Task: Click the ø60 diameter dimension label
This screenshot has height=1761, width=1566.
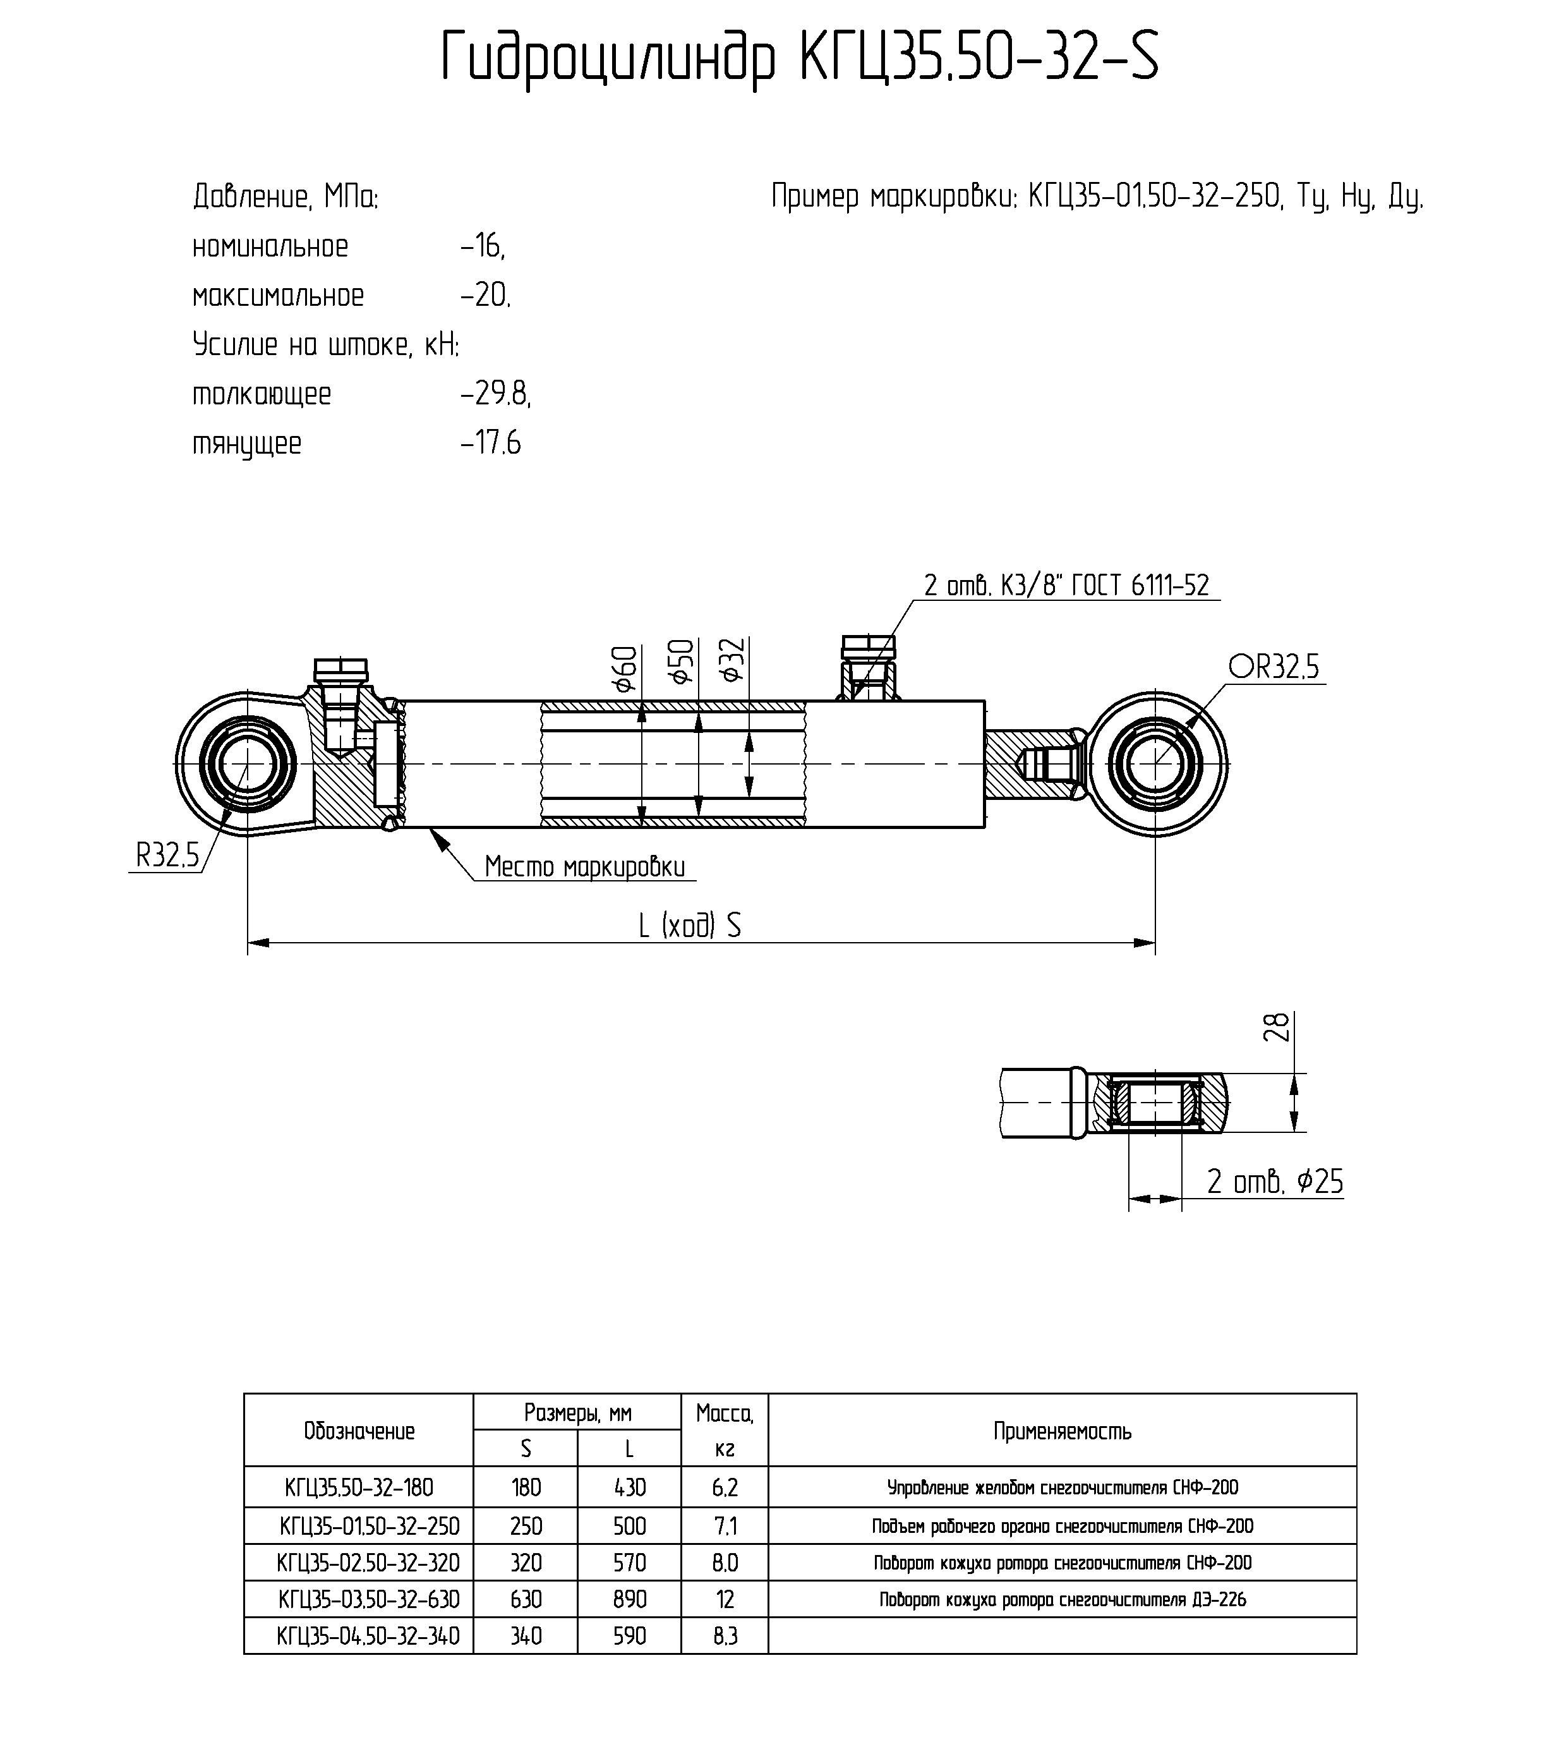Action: [626, 669]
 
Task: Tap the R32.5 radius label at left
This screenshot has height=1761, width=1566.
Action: [167, 856]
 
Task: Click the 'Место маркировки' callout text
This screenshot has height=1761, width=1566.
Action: [585, 867]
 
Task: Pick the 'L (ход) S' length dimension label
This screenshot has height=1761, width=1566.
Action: [689, 925]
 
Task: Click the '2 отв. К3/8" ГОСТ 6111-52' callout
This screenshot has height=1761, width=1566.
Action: [1066, 586]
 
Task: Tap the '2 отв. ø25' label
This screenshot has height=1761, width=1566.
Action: [1275, 1181]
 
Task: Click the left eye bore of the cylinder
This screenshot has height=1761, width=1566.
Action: [247, 763]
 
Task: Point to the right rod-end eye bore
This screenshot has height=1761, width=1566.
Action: [1155, 763]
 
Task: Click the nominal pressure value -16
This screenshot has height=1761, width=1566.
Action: [483, 247]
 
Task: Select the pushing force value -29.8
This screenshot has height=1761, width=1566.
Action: [495, 394]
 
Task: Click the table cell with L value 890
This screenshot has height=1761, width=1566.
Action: [630, 1600]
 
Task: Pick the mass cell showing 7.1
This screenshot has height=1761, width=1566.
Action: [725, 1527]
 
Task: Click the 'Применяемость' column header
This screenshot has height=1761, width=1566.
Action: [1062, 1432]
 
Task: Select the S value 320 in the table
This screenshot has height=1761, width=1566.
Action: [526, 1563]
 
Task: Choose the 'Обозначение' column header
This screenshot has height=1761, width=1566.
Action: [359, 1432]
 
